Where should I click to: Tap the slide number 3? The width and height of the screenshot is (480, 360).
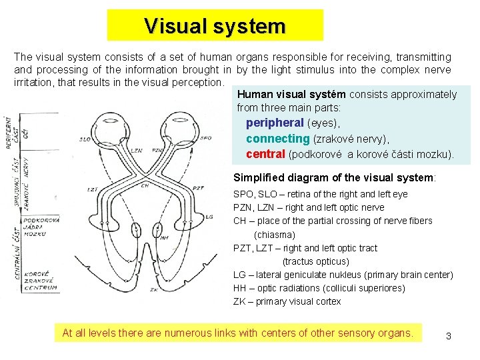(x=449, y=336)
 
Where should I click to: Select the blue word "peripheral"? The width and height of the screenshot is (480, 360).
(x=275, y=123)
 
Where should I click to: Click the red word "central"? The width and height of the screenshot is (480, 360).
(x=265, y=155)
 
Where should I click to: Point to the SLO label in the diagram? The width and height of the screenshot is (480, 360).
(x=85, y=139)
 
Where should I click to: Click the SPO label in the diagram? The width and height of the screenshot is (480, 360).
(x=205, y=138)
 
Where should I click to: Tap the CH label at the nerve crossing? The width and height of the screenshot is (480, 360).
(x=145, y=186)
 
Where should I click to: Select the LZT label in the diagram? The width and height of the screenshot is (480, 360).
(x=92, y=190)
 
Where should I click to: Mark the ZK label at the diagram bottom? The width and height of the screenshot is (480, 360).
(x=153, y=290)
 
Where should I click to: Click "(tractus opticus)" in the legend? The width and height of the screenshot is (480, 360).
(x=315, y=261)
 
